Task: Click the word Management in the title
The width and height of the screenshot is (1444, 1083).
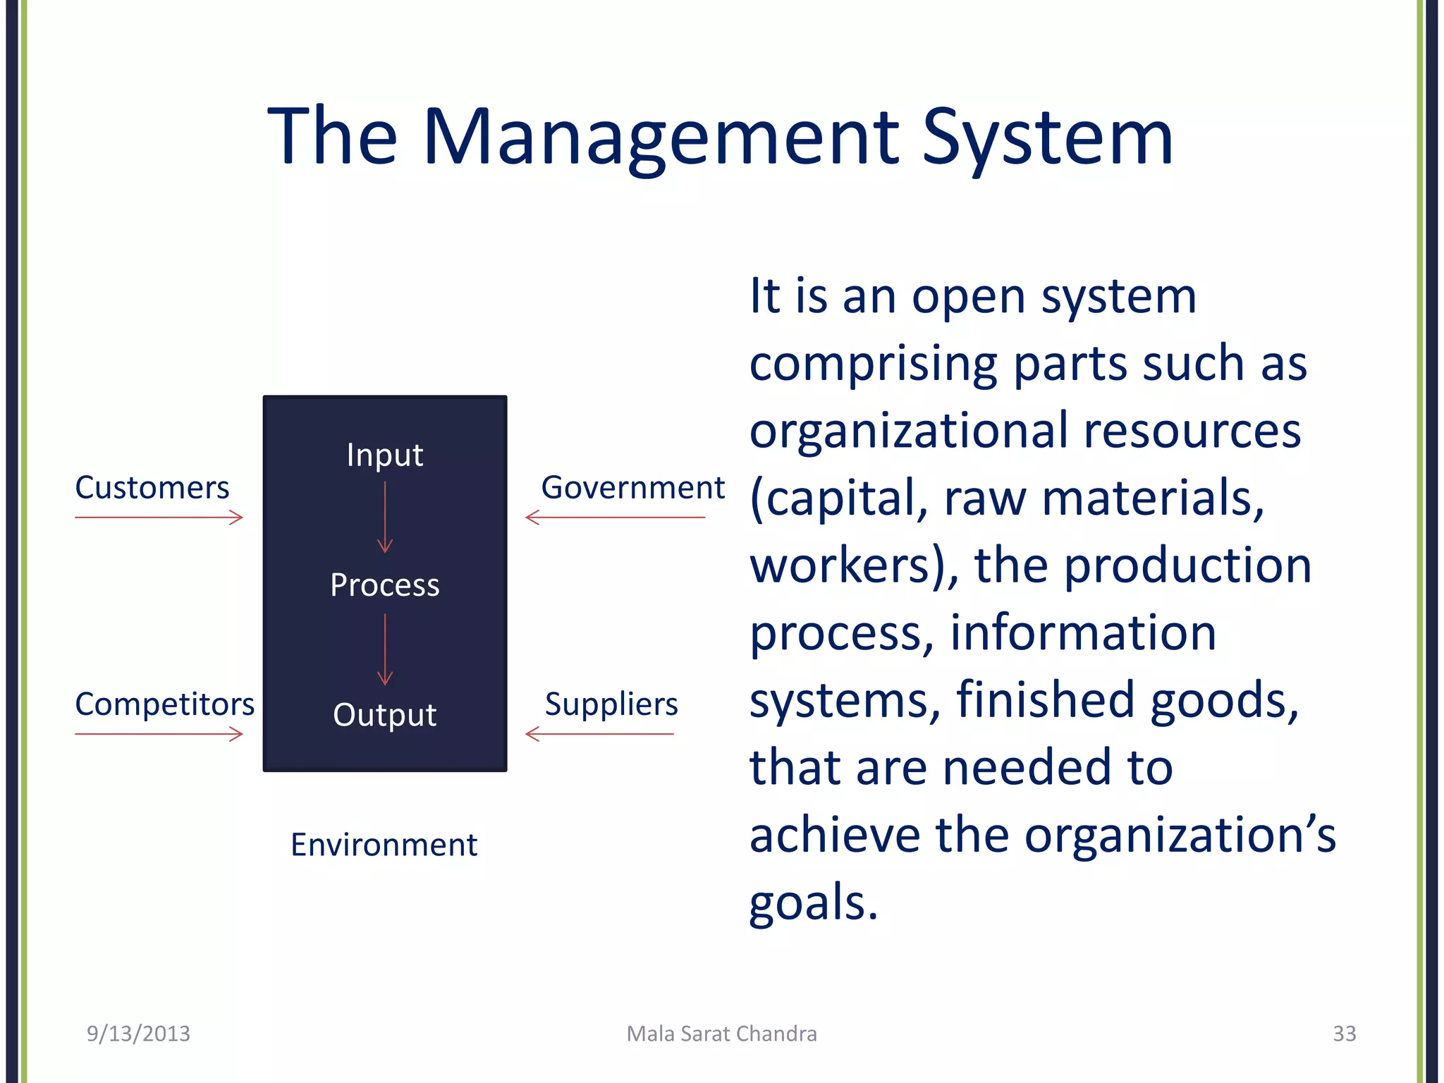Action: point(661,137)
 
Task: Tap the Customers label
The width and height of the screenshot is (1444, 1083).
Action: point(152,488)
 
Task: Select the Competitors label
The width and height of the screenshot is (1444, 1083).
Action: point(164,704)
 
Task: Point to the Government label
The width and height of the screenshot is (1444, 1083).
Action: point(632,488)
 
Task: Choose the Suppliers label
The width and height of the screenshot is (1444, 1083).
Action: point(611,704)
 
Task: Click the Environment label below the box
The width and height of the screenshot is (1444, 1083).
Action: point(384,845)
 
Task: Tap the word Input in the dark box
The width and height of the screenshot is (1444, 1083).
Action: point(385,455)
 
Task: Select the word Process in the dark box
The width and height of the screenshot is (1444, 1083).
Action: point(385,585)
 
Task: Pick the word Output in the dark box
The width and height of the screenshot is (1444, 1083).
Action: point(385,715)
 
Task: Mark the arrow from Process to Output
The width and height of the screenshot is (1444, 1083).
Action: point(385,649)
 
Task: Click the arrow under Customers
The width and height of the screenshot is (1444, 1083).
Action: point(159,518)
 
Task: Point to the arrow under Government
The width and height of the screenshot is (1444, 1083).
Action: point(616,518)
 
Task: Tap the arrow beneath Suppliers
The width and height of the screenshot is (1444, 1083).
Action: point(600,734)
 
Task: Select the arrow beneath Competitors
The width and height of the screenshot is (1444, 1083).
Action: point(159,734)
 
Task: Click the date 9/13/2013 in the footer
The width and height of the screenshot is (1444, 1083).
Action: point(138,1034)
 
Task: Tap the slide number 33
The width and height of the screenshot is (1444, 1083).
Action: point(1344,1034)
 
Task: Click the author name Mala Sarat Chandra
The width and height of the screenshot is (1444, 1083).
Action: point(722,1034)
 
